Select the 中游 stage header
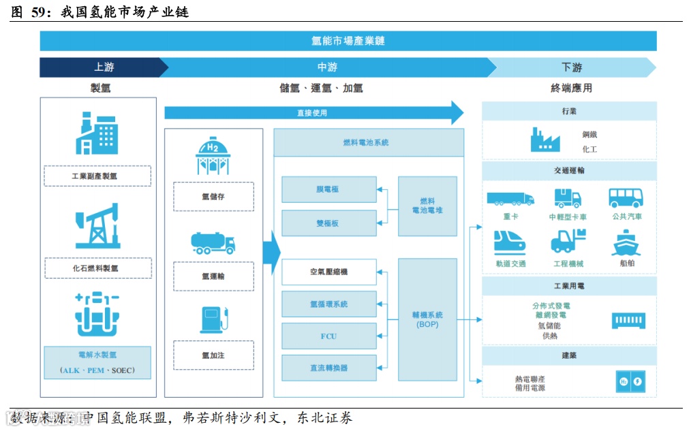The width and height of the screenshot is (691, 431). [x=327, y=67]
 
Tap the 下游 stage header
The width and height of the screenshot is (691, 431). [x=571, y=67]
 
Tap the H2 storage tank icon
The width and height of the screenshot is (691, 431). [x=213, y=155]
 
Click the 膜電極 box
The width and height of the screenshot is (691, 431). [x=329, y=189]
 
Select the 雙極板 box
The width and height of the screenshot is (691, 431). [x=329, y=223]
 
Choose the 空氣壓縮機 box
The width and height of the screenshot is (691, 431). [x=329, y=272]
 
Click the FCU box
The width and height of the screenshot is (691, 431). [x=329, y=336]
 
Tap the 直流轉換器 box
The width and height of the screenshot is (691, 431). [x=329, y=368]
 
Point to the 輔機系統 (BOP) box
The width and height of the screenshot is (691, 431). [x=427, y=319]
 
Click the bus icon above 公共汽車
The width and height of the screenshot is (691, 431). [x=626, y=198]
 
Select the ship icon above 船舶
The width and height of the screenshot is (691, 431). [x=626, y=244]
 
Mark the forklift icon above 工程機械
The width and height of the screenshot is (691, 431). [x=568, y=242]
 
